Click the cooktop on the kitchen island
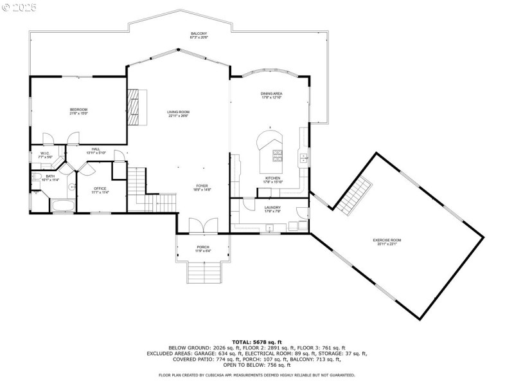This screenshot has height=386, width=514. (278, 154)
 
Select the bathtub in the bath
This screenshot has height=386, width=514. (62, 207)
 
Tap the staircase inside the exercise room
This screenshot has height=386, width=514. (355, 195)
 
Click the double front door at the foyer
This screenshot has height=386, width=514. (202, 225)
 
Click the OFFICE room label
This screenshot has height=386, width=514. (100, 190)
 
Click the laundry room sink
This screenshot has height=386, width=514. (270, 227)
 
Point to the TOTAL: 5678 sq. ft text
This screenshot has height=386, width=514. (256, 342)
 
